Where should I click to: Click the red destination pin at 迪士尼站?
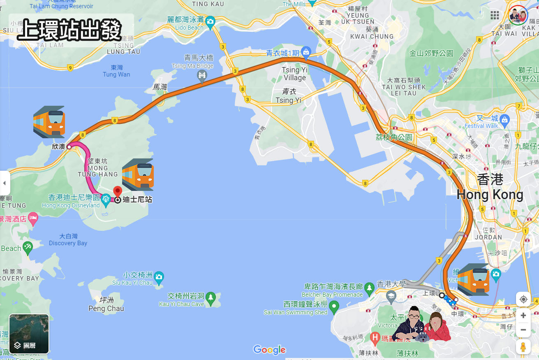pyautogui.click(x=118, y=192)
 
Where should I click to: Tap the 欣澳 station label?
pyautogui.click(x=58, y=146)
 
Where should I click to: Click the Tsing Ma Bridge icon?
pyautogui.click(x=202, y=75)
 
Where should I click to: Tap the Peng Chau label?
pyautogui.click(x=106, y=308)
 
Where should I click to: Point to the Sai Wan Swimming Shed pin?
pyautogui.click(x=334, y=306)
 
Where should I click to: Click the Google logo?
pyautogui.click(x=269, y=350)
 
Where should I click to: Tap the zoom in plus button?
pyautogui.click(x=523, y=316)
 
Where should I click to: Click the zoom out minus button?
pyautogui.click(x=523, y=330)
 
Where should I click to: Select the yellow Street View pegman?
pyautogui.click(x=523, y=347)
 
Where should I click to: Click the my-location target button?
pyautogui.click(x=523, y=299)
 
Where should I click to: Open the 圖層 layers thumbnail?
pyautogui.click(x=29, y=334)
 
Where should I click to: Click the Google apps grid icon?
pyautogui.click(x=495, y=15)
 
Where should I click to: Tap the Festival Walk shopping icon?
pyautogui.click(x=505, y=120)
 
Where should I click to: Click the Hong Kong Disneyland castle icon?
pyautogui.click(x=106, y=198)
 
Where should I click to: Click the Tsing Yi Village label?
pyautogui.click(x=294, y=74)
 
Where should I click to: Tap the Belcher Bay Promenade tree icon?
pyautogui.click(x=369, y=287)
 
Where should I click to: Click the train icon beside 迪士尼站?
pyautogui.click(x=138, y=174)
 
